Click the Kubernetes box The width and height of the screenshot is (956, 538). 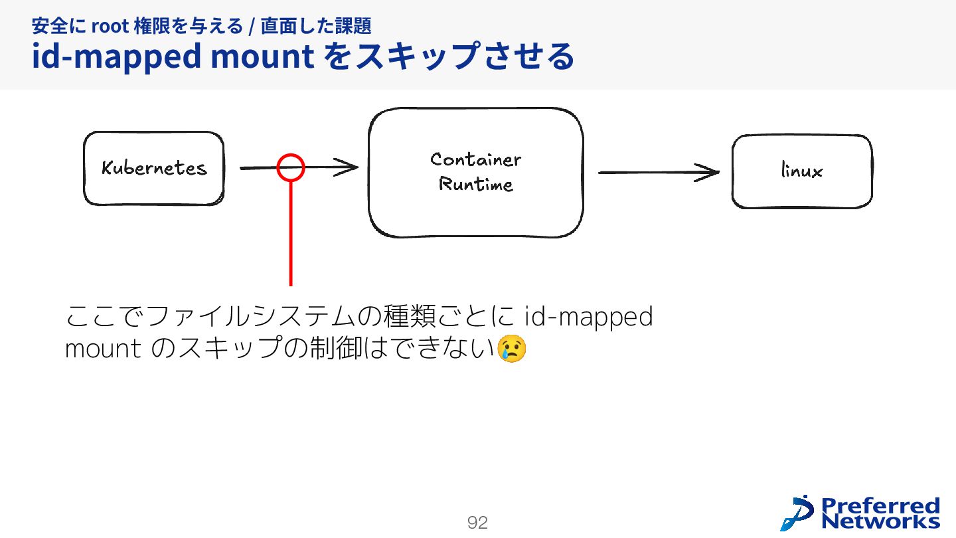(153, 168)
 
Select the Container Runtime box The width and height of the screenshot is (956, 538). (475, 172)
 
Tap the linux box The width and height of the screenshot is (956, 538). (801, 171)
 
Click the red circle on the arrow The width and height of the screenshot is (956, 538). (291, 167)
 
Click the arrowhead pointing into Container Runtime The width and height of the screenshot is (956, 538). (347, 168)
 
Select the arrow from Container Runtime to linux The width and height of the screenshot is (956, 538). (657, 173)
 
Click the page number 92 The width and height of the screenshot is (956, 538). (477, 523)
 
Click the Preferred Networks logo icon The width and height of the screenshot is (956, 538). (797, 513)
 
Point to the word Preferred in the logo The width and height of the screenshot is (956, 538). (880, 505)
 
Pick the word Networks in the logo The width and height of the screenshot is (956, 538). (880, 521)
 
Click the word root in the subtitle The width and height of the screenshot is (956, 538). (110, 27)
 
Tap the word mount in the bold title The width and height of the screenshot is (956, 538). (262, 57)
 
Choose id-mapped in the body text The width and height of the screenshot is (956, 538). (588, 317)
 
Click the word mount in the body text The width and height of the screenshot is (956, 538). (102, 349)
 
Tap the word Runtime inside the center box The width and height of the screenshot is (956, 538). (475, 184)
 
